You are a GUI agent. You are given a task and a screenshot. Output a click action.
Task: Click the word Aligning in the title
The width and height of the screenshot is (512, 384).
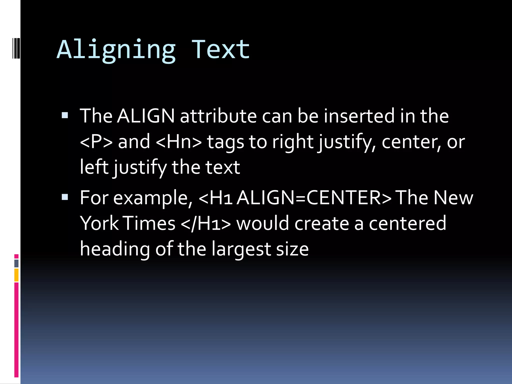pyautogui.click(x=116, y=50)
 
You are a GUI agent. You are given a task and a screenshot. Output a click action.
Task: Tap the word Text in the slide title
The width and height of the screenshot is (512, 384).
pyautogui.click(x=220, y=50)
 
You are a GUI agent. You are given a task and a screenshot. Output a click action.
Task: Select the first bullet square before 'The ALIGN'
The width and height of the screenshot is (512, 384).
pyautogui.click(x=65, y=115)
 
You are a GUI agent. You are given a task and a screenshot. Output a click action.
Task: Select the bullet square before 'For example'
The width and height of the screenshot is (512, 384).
pyautogui.click(x=65, y=197)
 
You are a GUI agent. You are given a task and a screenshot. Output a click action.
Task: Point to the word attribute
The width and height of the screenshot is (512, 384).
pyautogui.click(x=218, y=116)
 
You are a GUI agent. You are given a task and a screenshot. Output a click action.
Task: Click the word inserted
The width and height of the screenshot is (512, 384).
pyautogui.click(x=359, y=116)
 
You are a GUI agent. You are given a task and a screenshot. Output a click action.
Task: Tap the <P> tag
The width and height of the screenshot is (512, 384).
pyautogui.click(x=96, y=142)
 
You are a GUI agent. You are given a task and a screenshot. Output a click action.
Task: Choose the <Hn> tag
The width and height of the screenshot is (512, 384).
pyautogui.click(x=179, y=142)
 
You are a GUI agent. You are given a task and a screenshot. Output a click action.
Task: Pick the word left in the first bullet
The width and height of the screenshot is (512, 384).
pyautogui.click(x=94, y=167)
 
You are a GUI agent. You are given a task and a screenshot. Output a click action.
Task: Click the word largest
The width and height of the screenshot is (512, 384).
pyautogui.click(x=241, y=249)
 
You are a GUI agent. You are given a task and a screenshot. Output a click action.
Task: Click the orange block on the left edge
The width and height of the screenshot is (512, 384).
pyautogui.click(x=16, y=275)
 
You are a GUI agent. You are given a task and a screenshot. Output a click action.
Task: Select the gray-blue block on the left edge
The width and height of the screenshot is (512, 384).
pyautogui.click(x=16, y=263)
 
